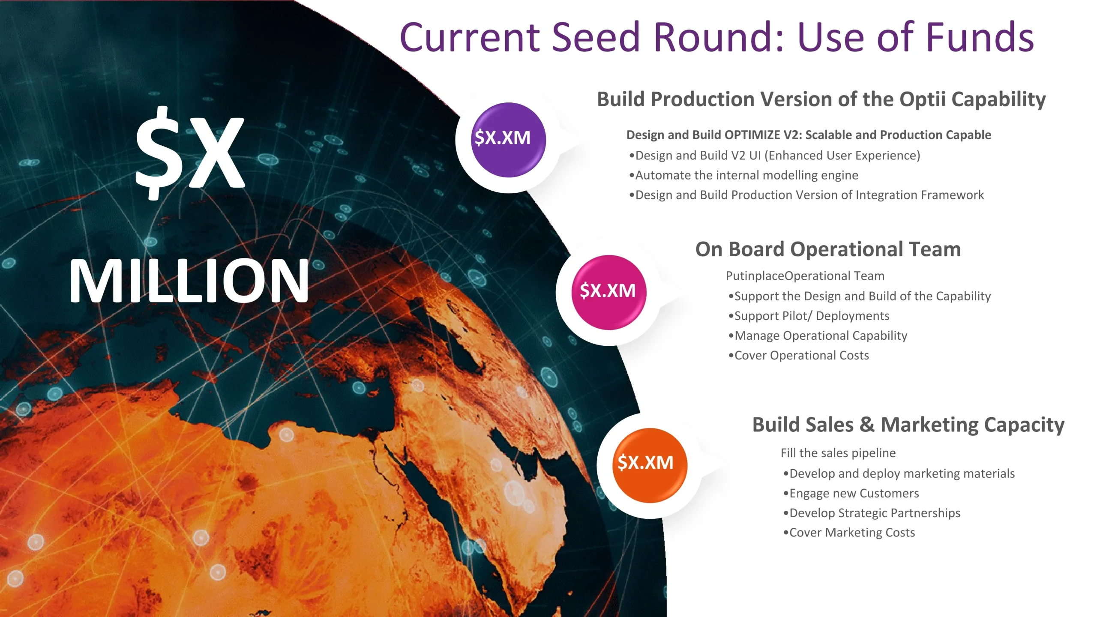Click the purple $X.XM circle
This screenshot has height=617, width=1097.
click(x=508, y=140)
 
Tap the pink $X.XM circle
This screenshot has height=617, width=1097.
click(x=609, y=293)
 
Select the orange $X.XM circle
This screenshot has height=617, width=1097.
click(x=650, y=465)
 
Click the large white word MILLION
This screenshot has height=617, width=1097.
click(x=189, y=281)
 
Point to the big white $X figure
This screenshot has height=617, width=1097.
click(x=190, y=153)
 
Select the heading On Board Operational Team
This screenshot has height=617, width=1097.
click(x=828, y=249)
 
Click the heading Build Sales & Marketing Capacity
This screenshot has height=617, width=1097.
click(x=908, y=425)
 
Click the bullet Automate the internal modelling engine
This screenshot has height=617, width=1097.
click(x=743, y=175)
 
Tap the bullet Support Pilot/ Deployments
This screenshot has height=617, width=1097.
click(x=809, y=316)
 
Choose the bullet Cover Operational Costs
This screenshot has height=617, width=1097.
click(x=798, y=355)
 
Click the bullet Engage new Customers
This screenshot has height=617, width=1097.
click(x=851, y=493)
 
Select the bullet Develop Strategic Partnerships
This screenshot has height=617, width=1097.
click(x=871, y=513)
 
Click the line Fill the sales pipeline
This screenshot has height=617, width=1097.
click(x=838, y=453)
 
